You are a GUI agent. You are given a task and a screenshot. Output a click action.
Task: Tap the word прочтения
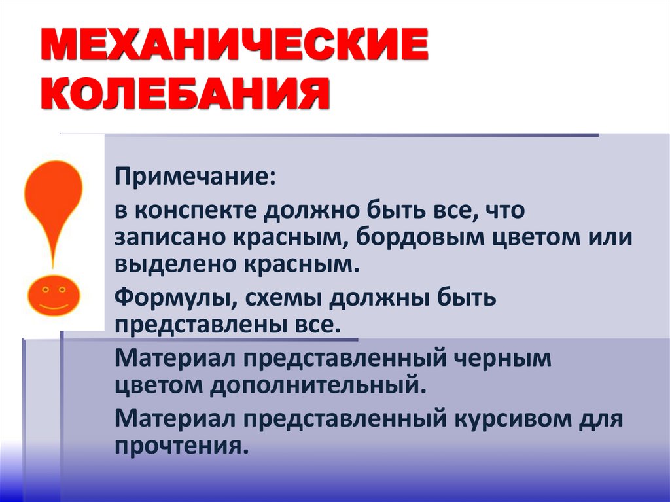tap(181, 445)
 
